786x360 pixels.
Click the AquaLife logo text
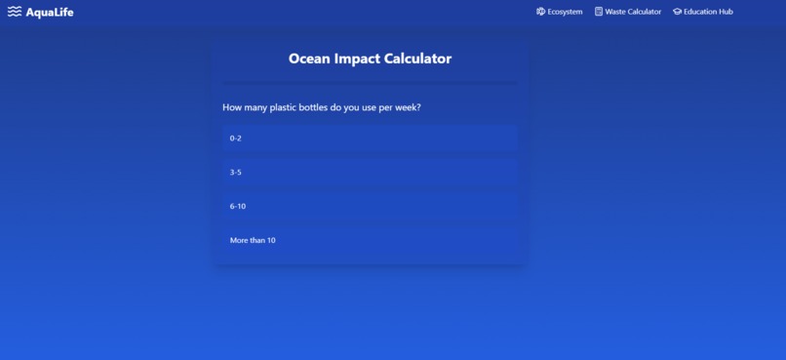[x=50, y=12]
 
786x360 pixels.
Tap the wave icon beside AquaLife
[x=15, y=12]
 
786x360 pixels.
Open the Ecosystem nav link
[x=565, y=12]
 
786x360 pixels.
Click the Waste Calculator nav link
[x=633, y=12]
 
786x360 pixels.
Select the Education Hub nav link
[x=708, y=12]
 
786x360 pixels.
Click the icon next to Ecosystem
[x=541, y=12]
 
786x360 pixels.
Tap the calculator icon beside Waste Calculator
[x=599, y=12]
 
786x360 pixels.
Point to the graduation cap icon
[x=678, y=12]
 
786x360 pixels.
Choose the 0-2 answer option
[x=370, y=139]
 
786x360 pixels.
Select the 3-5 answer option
[x=370, y=173]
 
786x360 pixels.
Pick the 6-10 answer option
[x=370, y=207]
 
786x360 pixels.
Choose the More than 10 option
[x=370, y=240]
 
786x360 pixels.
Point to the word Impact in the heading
[x=357, y=59]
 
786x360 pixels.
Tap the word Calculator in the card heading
[x=418, y=59]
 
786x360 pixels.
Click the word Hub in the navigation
[x=726, y=12]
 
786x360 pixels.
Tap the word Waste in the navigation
[x=616, y=12]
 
